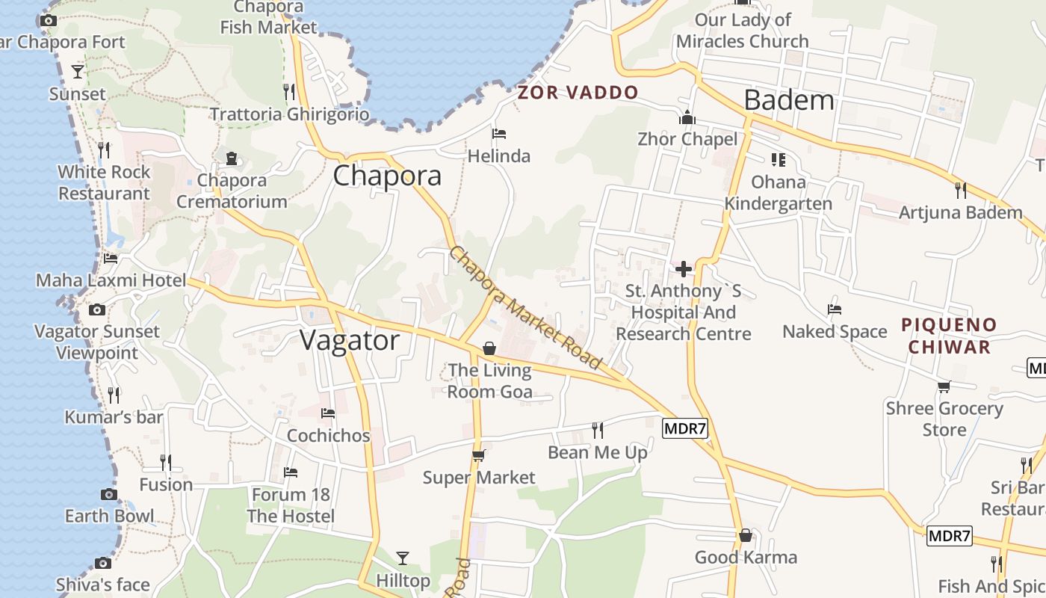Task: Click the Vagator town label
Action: click(350, 341)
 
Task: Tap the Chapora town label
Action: click(387, 176)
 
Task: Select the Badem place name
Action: click(789, 99)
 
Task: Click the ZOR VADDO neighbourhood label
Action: click(578, 93)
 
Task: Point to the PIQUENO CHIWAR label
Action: click(948, 336)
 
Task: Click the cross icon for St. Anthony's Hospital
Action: click(683, 269)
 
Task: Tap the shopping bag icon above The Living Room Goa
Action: click(489, 348)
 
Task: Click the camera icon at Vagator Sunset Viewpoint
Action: click(96, 309)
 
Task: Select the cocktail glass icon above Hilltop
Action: click(403, 558)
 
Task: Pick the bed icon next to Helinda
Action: click(499, 134)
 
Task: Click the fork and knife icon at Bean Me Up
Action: click(598, 430)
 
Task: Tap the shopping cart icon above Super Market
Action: click(479, 455)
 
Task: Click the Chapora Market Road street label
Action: click(525, 307)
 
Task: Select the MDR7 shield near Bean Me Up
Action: click(684, 428)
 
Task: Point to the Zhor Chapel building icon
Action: click(687, 117)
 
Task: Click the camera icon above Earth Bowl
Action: click(109, 494)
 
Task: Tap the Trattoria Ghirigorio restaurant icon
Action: click(289, 92)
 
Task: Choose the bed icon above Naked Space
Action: click(835, 309)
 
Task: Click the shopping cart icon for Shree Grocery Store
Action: click(944, 386)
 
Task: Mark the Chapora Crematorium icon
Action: click(232, 158)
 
